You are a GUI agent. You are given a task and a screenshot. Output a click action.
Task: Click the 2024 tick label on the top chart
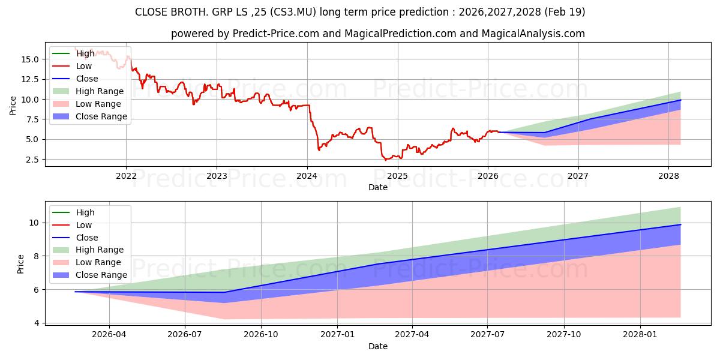click(x=307, y=176)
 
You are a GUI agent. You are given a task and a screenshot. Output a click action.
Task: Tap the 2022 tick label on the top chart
click(x=126, y=176)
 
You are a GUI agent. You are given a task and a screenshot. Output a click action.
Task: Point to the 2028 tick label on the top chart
click(x=668, y=176)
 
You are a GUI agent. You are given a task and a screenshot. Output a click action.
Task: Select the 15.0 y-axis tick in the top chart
click(x=30, y=59)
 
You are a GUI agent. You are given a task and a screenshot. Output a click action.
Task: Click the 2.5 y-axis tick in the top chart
click(x=32, y=160)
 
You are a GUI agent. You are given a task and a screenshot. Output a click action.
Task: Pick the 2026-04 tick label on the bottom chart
click(x=109, y=335)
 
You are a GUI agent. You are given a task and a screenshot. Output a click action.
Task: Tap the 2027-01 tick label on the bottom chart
click(x=337, y=335)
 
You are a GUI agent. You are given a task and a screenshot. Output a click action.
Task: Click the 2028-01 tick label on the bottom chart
click(x=640, y=335)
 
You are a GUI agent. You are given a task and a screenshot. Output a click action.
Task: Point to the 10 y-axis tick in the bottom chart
click(x=34, y=223)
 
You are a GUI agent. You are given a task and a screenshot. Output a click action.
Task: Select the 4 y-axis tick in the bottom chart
click(x=37, y=323)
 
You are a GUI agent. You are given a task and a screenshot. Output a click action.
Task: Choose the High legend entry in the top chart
click(x=73, y=53)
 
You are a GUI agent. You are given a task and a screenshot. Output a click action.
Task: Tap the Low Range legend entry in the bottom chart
click(x=86, y=262)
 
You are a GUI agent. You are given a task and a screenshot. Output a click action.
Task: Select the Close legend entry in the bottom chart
click(x=75, y=238)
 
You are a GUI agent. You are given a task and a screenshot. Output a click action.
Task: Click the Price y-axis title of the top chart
click(x=13, y=106)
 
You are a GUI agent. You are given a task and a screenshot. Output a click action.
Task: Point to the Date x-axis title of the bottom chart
click(x=377, y=346)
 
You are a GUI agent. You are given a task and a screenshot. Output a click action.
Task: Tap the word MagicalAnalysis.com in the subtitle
click(x=533, y=34)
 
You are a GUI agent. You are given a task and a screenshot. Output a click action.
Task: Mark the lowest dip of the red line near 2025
click(x=386, y=160)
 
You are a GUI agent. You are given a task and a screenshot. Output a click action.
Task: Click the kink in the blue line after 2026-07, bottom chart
click(x=224, y=292)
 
